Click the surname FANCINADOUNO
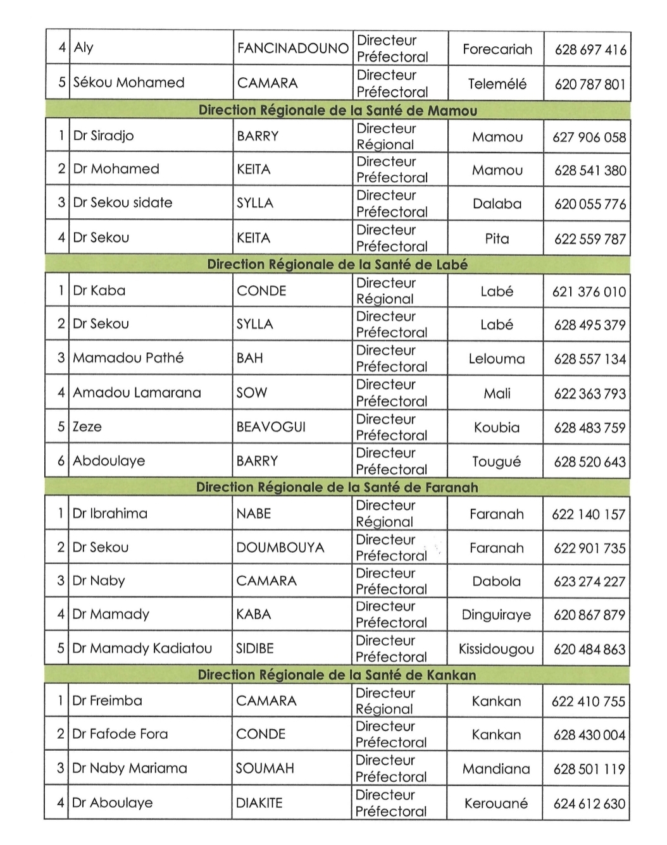(x=292, y=48)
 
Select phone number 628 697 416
(x=590, y=49)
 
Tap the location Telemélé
(x=497, y=83)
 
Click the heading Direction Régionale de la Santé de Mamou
(x=337, y=110)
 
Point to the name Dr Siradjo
(x=103, y=135)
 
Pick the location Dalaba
(x=497, y=204)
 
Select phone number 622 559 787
(x=589, y=238)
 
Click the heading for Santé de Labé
(x=337, y=264)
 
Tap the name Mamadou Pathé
(x=128, y=358)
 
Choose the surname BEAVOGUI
(x=270, y=427)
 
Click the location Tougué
(x=496, y=462)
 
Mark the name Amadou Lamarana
(x=137, y=393)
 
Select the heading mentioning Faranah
(x=337, y=487)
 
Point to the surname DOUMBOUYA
(x=280, y=548)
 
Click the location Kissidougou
(x=496, y=649)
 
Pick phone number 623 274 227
(x=589, y=581)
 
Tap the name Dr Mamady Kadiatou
(x=142, y=648)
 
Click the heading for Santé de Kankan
(x=337, y=675)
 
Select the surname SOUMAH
(x=265, y=768)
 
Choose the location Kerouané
(x=496, y=803)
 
